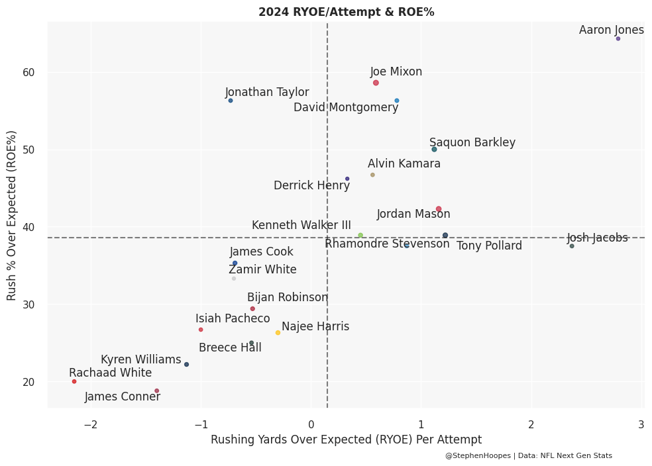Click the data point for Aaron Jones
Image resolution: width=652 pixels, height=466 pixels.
coord(618,39)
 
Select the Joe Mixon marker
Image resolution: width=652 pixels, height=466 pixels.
coord(376,83)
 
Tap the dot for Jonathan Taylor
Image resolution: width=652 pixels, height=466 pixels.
coord(231,101)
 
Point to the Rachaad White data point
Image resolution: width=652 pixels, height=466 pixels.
coord(74,381)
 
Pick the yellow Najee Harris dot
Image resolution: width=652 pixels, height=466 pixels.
coord(278,333)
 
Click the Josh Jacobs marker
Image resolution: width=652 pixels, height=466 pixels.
coord(572,246)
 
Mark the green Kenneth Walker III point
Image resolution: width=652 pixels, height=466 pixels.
coord(360,235)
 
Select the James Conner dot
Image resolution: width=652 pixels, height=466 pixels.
coord(157,391)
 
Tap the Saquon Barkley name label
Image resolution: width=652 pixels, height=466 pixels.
coord(472,142)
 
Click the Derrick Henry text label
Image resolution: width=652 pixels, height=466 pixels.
coord(311,185)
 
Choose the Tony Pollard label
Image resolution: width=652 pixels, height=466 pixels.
coord(489,246)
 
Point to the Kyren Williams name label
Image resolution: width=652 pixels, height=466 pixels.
coord(140,359)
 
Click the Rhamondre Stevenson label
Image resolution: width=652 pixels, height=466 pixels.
coord(387,244)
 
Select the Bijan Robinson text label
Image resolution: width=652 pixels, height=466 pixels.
coord(288,297)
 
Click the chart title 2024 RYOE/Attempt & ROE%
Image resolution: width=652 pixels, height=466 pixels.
coord(346,12)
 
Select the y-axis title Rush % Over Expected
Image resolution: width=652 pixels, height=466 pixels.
coord(12,215)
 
